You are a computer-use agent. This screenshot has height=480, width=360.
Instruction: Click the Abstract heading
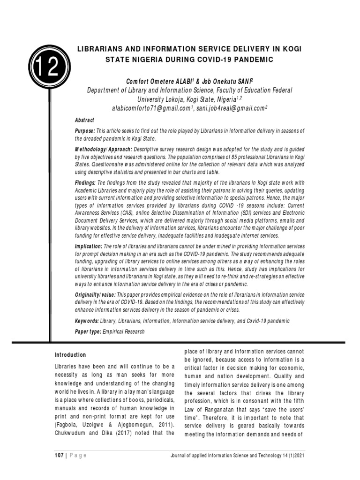point(85,120)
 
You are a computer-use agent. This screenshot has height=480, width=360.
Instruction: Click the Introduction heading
point(70,355)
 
